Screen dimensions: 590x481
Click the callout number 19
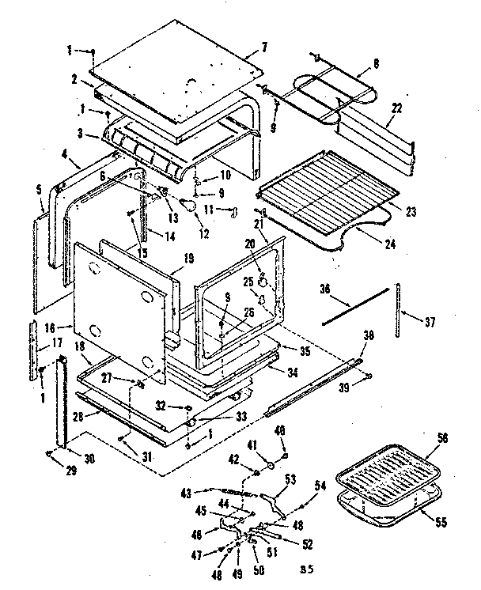(189, 257)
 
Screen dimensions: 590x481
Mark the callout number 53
(290, 478)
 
